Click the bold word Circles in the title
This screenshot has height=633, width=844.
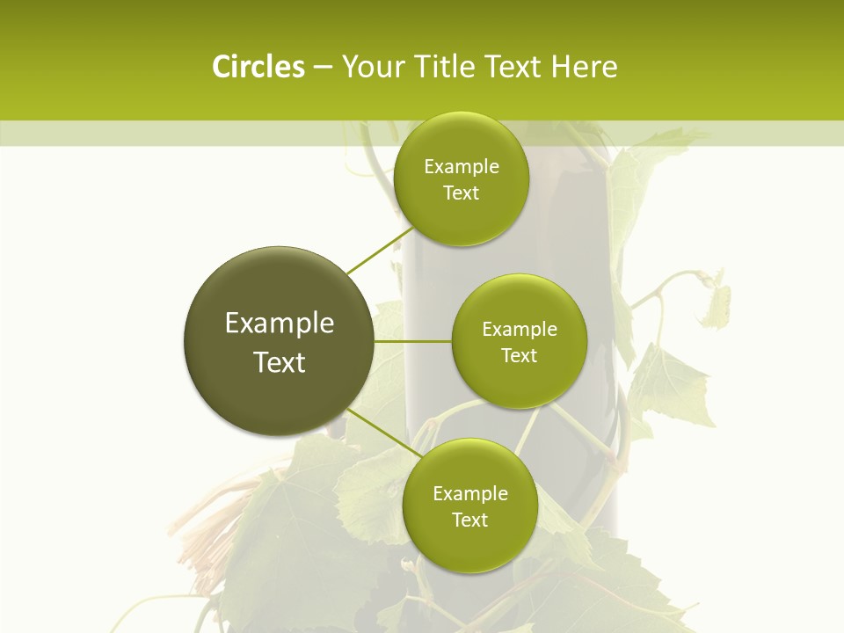[258, 67]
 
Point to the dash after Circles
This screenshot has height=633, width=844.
[323, 68]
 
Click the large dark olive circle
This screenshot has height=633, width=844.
[279, 341]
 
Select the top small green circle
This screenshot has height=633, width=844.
[461, 178]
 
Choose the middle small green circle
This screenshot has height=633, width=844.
[519, 341]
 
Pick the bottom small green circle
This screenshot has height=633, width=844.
[469, 506]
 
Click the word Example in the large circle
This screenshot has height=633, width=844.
[279, 323]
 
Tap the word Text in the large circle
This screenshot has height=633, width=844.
[279, 362]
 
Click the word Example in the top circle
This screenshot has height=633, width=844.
[461, 166]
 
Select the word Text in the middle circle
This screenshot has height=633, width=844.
[519, 355]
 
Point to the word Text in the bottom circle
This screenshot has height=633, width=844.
[469, 520]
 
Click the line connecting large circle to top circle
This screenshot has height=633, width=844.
[380, 251]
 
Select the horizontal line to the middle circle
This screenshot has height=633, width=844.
[413, 341]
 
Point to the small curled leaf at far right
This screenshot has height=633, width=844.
[717, 299]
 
